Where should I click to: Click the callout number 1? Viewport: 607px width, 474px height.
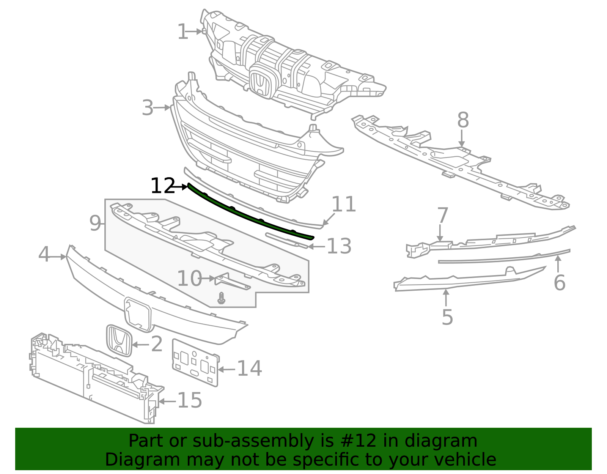182,32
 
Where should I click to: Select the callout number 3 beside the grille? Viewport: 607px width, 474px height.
148,108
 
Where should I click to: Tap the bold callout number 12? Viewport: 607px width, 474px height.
162,186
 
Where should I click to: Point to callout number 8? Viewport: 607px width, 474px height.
463,120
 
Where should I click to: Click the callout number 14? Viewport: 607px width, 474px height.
249,368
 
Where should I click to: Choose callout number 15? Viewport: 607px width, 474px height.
190,400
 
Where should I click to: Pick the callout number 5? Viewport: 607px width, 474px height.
447,317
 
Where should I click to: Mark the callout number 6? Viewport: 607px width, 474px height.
560,283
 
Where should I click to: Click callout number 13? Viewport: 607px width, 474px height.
339,246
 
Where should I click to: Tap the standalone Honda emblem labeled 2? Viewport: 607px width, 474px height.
119,340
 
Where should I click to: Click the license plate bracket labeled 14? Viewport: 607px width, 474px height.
195,362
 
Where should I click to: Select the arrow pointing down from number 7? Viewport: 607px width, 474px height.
440,233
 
